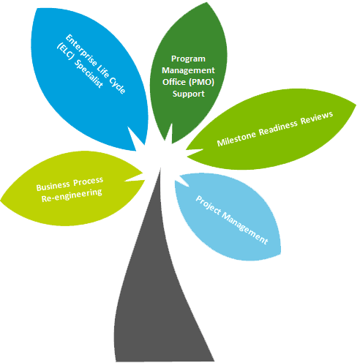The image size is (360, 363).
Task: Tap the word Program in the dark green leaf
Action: point(188,59)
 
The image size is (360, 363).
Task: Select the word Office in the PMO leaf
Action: point(174,82)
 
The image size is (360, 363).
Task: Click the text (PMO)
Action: point(201,82)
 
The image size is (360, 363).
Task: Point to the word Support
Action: point(189,94)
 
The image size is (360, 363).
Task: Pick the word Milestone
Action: point(236,138)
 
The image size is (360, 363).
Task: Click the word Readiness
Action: point(278,127)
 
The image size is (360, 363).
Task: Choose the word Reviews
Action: point(317,117)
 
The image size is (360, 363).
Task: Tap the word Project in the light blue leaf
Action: point(209,206)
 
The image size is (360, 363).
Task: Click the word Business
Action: point(53,186)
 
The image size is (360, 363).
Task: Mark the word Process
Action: point(89,181)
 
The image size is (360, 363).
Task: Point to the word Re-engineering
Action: point(72,195)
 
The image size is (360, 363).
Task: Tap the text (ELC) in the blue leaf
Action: point(65,52)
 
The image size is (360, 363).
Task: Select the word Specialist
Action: point(89,73)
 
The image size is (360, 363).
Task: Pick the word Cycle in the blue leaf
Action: point(117,86)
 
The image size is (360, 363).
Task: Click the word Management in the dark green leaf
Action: point(188,71)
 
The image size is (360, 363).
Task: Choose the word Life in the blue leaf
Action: point(102,72)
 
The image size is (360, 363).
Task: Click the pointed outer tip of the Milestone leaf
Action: point(356,105)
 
